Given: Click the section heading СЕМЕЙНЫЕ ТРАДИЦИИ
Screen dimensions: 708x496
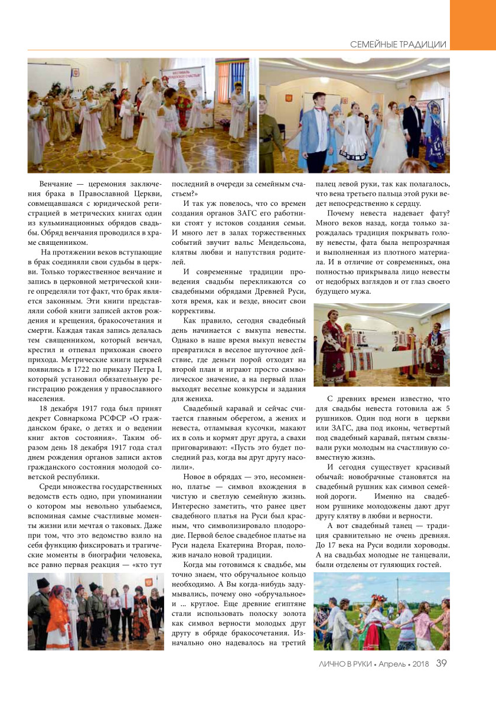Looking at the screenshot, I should [x=398, y=45].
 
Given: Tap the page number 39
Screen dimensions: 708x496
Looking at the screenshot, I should [x=442, y=663].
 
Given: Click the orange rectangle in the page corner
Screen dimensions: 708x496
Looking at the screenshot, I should [x=472, y=18].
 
